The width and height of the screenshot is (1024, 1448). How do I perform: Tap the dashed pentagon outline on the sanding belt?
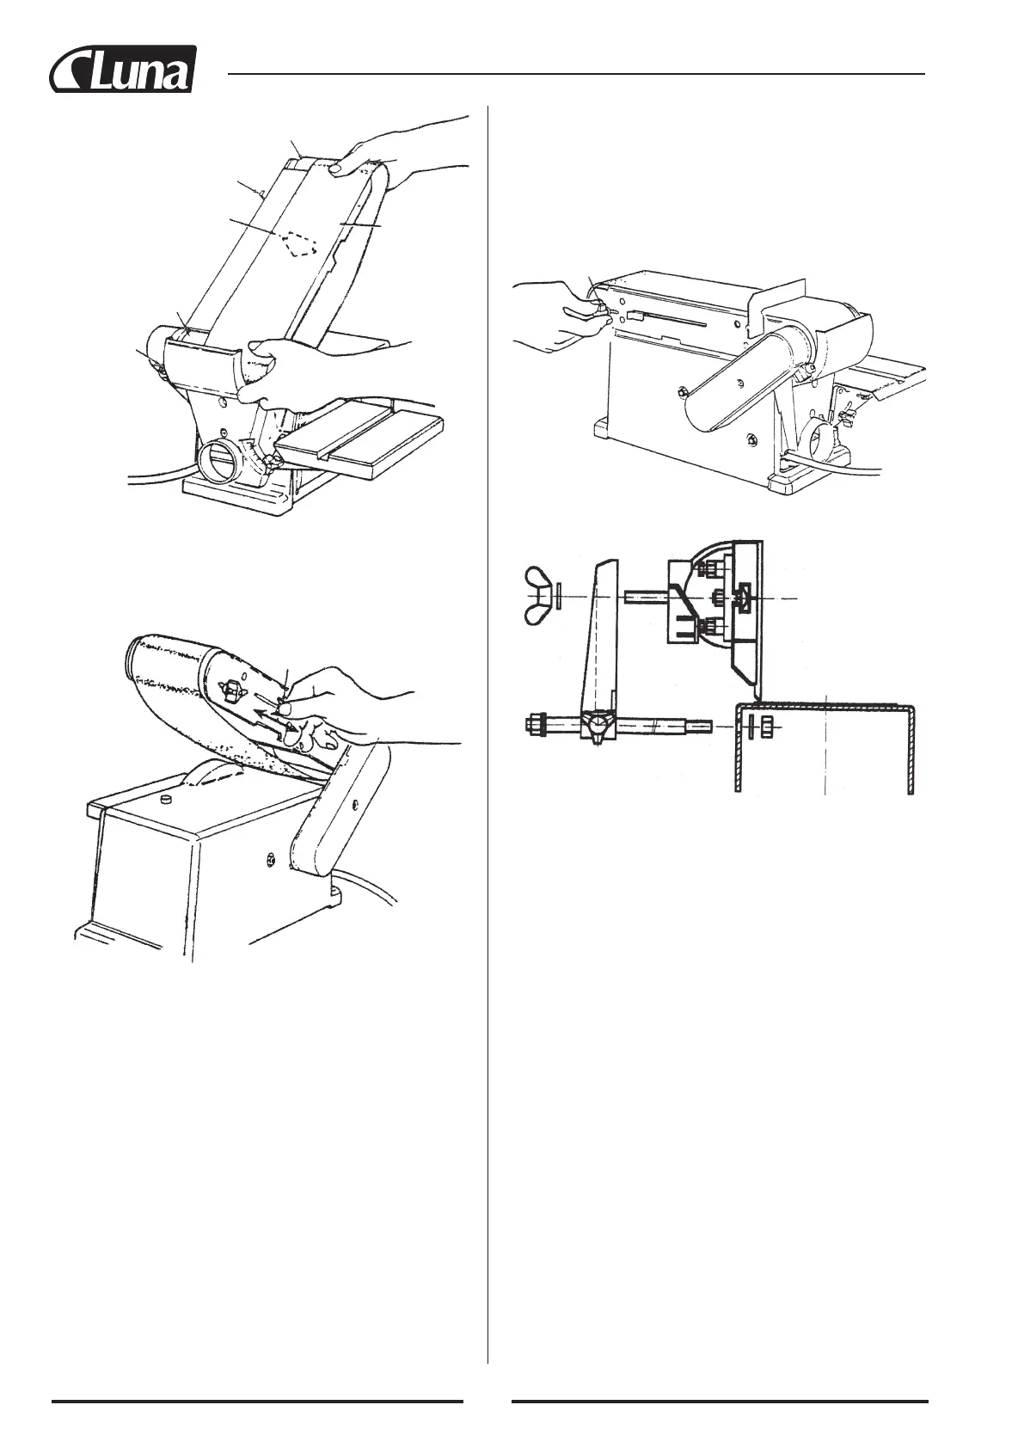click(x=301, y=243)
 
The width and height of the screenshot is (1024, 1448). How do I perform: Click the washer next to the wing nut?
click(x=559, y=597)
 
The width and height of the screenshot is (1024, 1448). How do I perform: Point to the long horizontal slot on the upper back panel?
click(x=679, y=324)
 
